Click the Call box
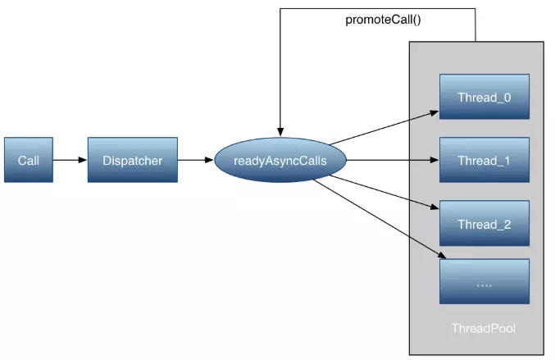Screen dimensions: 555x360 (29, 160)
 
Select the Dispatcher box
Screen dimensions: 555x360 (133, 160)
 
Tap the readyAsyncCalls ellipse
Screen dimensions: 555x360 (280, 160)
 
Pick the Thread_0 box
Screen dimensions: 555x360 (484, 97)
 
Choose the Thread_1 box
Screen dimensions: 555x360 (484, 160)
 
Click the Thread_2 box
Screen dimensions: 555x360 (484, 223)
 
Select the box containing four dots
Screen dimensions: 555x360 (484, 281)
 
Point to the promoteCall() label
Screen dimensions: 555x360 (383, 20)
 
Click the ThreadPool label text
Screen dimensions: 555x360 (484, 328)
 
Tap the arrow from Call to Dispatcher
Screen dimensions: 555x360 (70, 160)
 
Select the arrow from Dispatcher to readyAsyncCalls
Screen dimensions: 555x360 (196, 160)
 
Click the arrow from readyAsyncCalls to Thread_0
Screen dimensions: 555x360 (384, 128)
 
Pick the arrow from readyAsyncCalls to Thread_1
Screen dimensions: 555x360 (393, 160)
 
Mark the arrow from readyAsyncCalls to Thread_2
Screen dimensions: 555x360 (384, 192)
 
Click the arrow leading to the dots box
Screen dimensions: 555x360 (380, 219)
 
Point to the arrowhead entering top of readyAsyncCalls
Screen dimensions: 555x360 (280, 132)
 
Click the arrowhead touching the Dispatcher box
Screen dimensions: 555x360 (83, 160)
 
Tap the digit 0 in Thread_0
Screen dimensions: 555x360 (507, 98)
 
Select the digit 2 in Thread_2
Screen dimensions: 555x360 (507, 224)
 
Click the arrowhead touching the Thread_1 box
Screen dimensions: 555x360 (434, 160)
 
